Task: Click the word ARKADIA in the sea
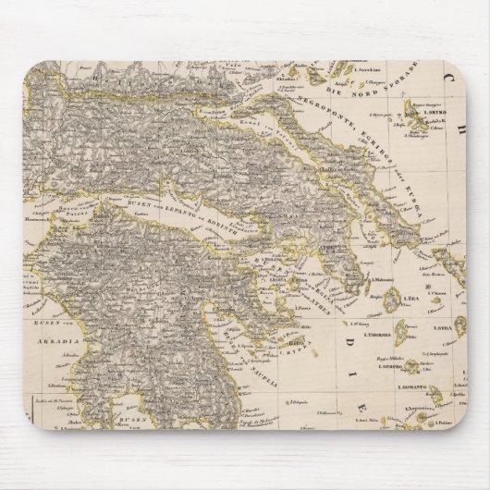pyautogui.click(x=55, y=338)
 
